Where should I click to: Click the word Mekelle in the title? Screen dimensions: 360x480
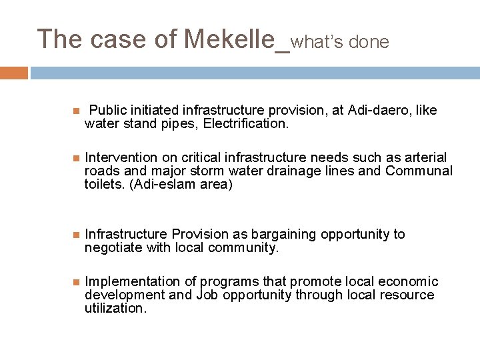[229, 39]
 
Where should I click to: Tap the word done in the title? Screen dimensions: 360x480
[367, 42]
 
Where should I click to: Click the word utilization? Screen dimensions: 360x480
[114, 309]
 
